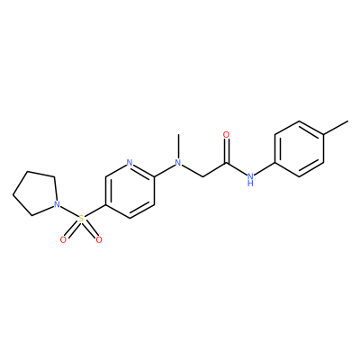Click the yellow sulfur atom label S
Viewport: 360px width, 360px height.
(81, 219)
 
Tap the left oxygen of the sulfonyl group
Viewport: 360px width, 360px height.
(63, 239)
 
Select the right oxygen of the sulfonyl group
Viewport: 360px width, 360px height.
(99, 239)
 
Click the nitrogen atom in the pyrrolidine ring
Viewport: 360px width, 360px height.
(56, 205)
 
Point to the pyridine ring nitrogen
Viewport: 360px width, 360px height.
(130, 163)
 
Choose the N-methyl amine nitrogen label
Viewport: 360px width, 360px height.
(178, 163)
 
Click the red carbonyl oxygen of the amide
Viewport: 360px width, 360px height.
(227, 135)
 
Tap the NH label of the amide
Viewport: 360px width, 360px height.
(250, 178)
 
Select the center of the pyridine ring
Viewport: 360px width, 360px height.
(130, 191)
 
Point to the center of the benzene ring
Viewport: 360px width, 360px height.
(300, 148)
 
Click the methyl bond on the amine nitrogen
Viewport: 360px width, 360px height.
(178, 147)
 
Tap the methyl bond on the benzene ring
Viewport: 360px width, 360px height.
(336, 128)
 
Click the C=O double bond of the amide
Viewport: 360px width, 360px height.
(227, 151)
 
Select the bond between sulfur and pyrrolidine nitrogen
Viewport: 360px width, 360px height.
(68, 211)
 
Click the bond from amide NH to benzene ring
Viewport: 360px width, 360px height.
(265, 168)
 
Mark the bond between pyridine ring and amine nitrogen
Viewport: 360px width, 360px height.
(165, 170)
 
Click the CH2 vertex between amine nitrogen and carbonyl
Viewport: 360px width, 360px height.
(202, 177)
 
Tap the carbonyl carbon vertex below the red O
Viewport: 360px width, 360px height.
(227, 163)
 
